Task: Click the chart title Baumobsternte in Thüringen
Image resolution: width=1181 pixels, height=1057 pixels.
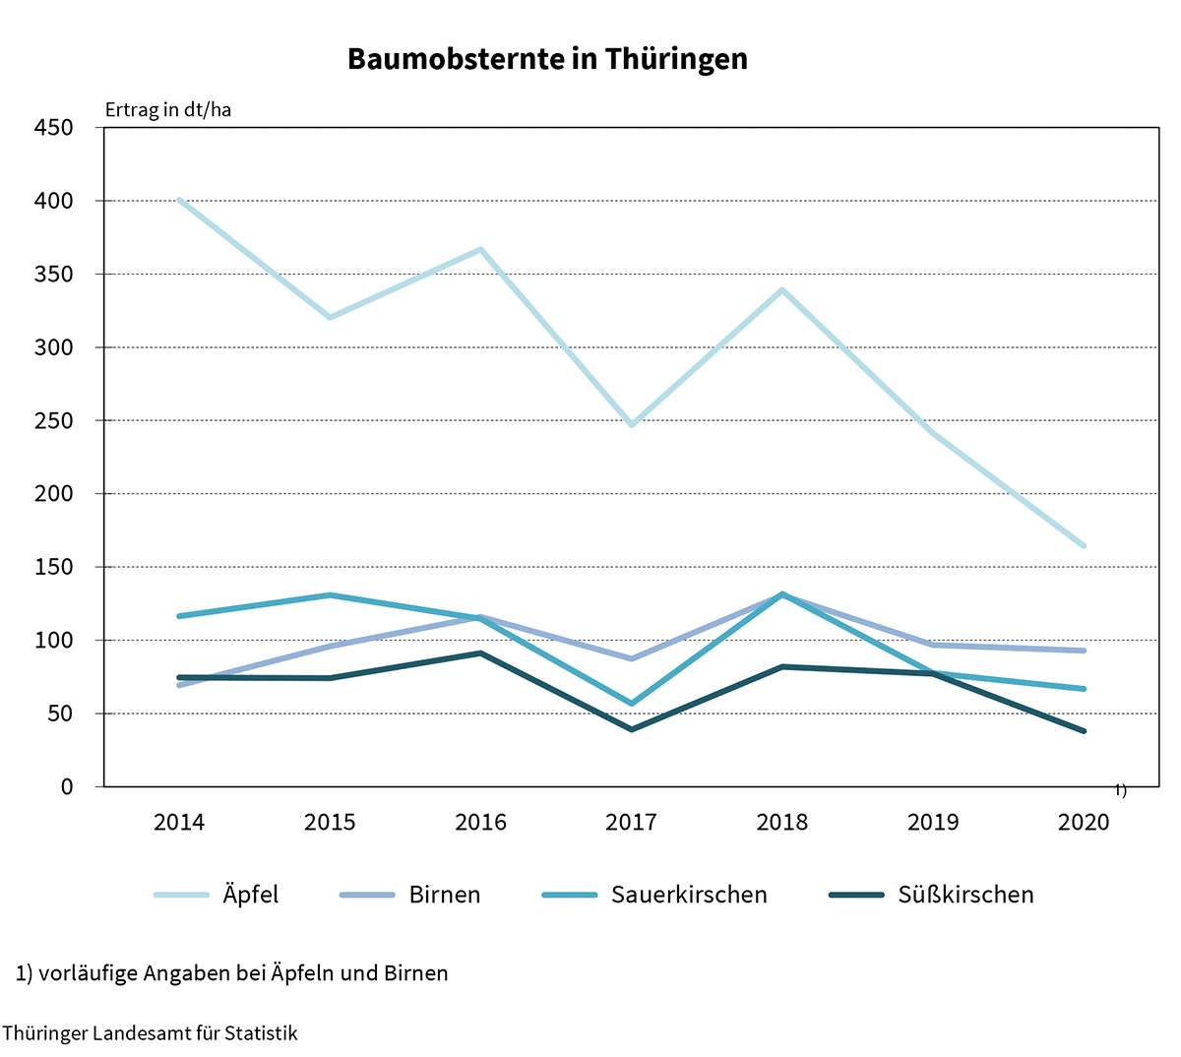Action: point(547,59)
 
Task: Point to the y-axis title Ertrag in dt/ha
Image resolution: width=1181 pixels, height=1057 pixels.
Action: point(168,109)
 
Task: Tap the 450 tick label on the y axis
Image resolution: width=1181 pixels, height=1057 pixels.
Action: point(53,128)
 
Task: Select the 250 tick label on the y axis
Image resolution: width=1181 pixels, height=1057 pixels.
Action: point(53,420)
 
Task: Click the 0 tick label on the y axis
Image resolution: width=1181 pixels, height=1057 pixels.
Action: point(67,786)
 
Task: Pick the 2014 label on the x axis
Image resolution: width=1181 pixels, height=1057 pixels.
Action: point(179,822)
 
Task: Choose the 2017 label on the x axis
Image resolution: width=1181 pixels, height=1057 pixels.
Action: point(631,822)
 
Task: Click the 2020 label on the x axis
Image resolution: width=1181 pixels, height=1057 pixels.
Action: point(1083,822)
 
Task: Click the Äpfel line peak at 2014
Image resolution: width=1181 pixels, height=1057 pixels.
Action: point(179,200)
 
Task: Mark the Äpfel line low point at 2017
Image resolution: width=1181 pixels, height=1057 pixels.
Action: point(631,424)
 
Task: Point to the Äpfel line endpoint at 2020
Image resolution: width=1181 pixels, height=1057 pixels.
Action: point(1084,545)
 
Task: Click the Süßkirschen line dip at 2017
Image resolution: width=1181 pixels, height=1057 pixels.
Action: point(631,729)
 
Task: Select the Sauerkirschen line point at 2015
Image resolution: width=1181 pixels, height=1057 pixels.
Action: point(330,594)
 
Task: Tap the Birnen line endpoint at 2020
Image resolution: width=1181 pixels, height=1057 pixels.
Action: point(1084,651)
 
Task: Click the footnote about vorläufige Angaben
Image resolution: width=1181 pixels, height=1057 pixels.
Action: point(232,973)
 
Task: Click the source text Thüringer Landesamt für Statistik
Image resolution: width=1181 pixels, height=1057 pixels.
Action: point(150,1033)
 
